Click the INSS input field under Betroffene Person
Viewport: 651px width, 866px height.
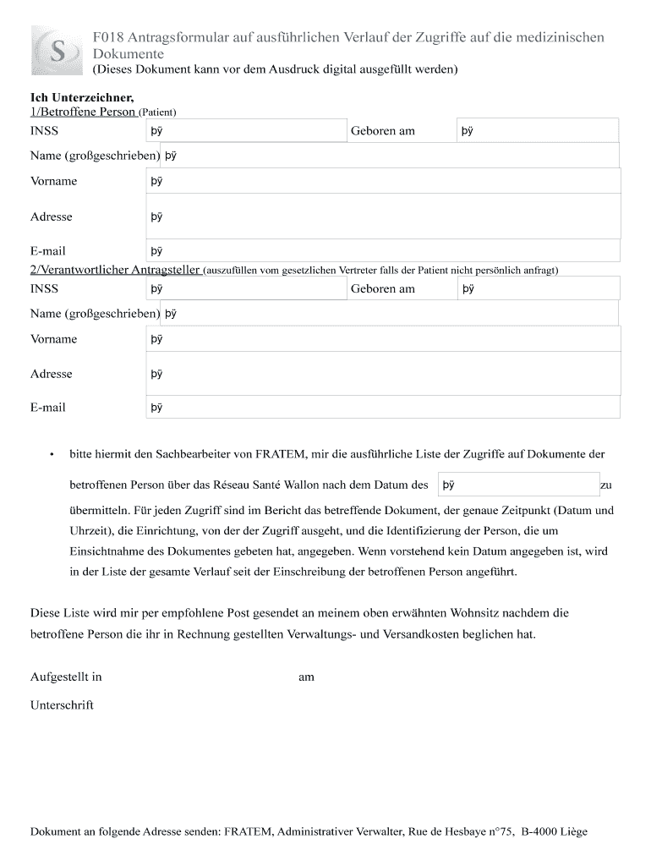pyautogui.click(x=245, y=131)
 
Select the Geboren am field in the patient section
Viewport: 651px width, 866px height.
pyautogui.click(x=537, y=131)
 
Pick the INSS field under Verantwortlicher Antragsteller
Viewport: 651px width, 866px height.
pyautogui.click(x=245, y=288)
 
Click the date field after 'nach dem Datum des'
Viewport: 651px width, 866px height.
pyautogui.click(x=517, y=485)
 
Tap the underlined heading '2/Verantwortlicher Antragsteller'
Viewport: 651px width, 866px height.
pyautogui.click(x=115, y=270)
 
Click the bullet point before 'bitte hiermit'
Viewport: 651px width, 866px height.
pyautogui.click(x=52, y=455)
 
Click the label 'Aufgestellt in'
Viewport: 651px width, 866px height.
pyautogui.click(x=66, y=677)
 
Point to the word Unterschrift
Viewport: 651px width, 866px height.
pyautogui.click(x=62, y=704)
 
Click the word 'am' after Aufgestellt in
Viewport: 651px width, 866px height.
pyautogui.click(x=306, y=677)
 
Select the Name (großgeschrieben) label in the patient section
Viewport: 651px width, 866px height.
pyautogui.click(x=95, y=156)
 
